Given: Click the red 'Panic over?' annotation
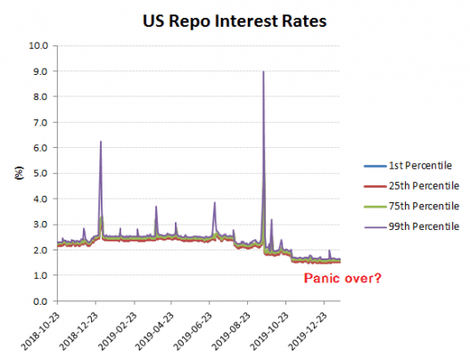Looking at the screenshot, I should tap(343, 278).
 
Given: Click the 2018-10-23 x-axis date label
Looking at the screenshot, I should tap(41, 331).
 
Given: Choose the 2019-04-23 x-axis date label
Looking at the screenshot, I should tap(155, 331).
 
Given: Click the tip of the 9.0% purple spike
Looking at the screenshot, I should tap(263, 72).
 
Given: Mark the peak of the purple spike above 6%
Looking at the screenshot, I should tap(101, 142).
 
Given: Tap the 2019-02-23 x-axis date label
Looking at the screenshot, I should tap(117, 331).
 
